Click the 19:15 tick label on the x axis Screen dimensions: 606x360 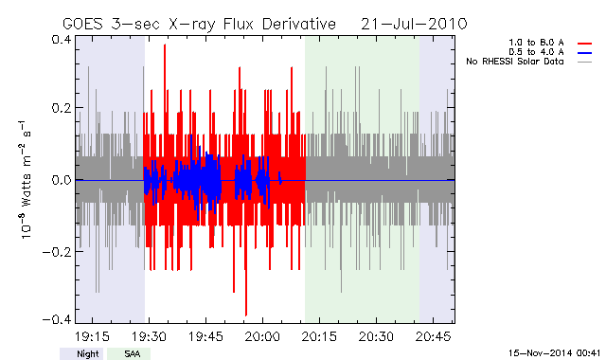click(x=92, y=336)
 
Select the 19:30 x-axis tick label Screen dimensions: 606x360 click(x=149, y=336)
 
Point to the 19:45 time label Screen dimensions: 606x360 click(x=205, y=336)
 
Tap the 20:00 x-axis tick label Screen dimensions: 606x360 click(x=263, y=336)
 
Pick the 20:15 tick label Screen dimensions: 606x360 click(x=319, y=336)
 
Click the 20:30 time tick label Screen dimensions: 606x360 click(x=376, y=336)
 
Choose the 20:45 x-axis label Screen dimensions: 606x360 click(x=433, y=336)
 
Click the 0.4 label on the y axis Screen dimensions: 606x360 click(x=61, y=40)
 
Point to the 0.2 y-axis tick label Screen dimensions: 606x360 click(x=61, y=108)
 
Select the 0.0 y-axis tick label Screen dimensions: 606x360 click(x=61, y=180)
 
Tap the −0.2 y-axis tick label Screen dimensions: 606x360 click(x=57, y=252)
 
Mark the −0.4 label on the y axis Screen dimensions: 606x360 click(x=57, y=319)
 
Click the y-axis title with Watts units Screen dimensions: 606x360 click(x=26, y=180)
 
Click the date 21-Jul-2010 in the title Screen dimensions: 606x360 click(x=414, y=25)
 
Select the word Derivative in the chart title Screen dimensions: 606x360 click(x=299, y=25)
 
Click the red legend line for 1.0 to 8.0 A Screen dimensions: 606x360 click(x=585, y=44)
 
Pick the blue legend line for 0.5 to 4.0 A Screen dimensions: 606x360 click(x=585, y=53)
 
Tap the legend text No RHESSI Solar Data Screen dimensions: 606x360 click(x=515, y=62)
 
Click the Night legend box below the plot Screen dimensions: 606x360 click(x=81, y=353)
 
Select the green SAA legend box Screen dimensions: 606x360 click(x=129, y=353)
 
